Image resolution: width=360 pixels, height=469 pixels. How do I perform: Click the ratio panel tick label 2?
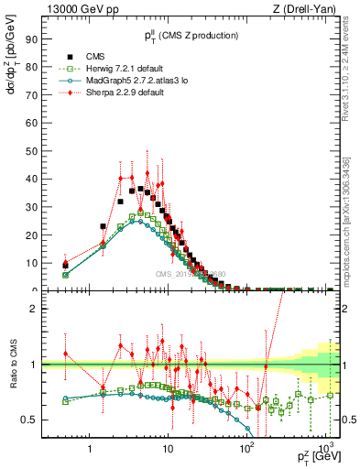pyautogui.click(x=34, y=309)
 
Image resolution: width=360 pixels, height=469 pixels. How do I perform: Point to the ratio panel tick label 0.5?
pyautogui.click(x=29, y=420)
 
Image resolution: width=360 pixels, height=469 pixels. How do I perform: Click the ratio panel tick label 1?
pyautogui.click(x=34, y=365)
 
